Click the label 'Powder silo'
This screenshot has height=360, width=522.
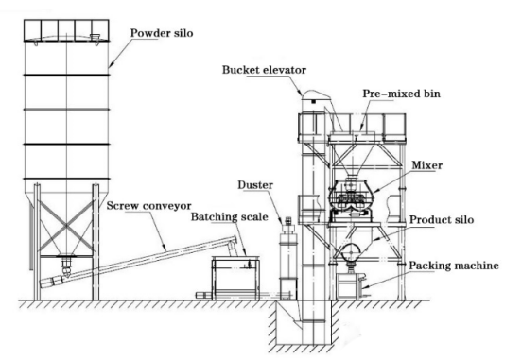tap(162, 33)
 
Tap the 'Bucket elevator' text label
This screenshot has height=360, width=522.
tap(264, 70)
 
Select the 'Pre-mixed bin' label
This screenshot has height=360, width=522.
tap(402, 94)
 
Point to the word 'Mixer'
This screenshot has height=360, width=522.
tap(427, 165)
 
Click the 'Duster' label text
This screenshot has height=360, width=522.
tap(255, 185)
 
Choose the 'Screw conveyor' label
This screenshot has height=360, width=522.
tap(148, 206)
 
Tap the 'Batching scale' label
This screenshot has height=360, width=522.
tap(230, 217)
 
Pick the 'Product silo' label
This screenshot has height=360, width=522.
tap(442, 219)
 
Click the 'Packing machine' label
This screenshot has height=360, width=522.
tap(454, 266)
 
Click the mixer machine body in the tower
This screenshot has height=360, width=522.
tap(350, 197)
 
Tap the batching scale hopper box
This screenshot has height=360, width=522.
tap(235, 278)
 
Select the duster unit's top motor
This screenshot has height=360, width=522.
tap(288, 220)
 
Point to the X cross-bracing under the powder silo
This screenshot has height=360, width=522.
tap(66, 226)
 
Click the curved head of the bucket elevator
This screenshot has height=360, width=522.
tap(315, 95)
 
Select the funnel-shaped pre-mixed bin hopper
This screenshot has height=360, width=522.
tap(351, 154)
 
